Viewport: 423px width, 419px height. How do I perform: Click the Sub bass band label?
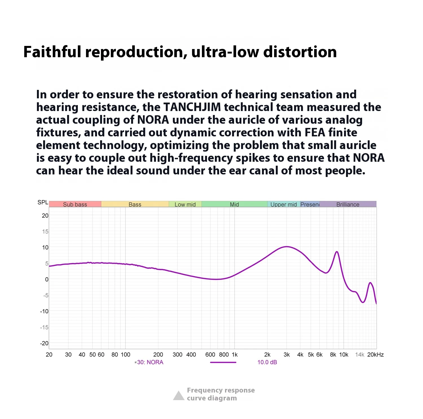(75, 204)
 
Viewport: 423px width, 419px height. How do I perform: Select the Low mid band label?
(185, 204)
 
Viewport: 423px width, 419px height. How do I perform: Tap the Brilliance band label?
(348, 204)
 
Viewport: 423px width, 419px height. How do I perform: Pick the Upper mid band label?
(283, 204)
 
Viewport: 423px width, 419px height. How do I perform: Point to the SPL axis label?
(43, 202)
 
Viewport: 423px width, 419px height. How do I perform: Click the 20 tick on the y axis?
(45, 216)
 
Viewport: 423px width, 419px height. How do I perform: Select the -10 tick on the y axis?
(44, 311)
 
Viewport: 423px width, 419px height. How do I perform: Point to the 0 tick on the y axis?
(47, 280)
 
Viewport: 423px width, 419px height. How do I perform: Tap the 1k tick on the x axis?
(235, 355)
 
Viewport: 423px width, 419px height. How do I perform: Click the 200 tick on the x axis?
(158, 355)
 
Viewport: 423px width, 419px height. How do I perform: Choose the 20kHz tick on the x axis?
(375, 355)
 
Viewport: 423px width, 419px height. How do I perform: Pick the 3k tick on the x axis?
(287, 355)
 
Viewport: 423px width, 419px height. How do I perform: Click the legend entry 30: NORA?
(150, 362)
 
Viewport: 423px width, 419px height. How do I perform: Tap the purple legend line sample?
(223, 362)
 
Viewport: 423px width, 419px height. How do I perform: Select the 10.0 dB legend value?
(267, 362)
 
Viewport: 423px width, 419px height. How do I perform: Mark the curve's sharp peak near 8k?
(337, 252)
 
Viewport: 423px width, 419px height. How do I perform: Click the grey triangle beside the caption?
(179, 396)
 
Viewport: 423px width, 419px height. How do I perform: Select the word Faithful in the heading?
(52, 52)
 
